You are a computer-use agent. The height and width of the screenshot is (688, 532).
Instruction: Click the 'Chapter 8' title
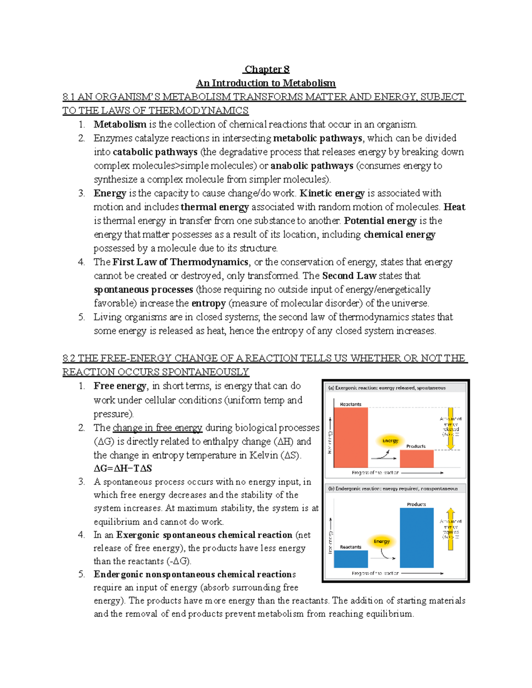267,70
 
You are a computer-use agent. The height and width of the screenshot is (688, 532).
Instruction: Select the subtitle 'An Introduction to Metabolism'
266,83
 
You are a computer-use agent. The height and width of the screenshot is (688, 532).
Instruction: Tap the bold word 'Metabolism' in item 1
120,124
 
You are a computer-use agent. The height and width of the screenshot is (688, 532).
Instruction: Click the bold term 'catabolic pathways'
155,152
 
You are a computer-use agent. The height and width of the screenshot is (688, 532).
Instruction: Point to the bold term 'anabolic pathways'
312,166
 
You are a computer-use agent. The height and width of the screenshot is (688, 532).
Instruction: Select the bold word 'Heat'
454,207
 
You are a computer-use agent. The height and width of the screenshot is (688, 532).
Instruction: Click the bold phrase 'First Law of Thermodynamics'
180,262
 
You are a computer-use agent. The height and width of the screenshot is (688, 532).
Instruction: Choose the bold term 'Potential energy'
380,221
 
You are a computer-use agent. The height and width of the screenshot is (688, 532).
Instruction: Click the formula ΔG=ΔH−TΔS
123,468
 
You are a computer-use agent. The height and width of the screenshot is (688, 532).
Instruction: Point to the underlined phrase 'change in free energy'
157,428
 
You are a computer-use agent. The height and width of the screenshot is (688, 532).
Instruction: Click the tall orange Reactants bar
351,437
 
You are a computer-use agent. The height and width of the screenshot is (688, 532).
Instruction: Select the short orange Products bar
416,459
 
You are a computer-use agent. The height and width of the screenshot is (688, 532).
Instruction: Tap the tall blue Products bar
416,537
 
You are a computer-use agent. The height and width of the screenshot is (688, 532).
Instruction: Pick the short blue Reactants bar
351,559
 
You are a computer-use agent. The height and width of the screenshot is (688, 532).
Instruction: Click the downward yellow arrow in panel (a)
451,428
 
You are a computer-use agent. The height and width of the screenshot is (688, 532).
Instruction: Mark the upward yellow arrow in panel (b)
451,529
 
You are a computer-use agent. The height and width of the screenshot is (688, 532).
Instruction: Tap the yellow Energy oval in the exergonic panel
390,441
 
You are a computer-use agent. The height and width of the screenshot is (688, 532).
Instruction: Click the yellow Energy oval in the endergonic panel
381,541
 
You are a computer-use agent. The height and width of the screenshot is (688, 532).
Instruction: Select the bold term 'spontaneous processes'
143,290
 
